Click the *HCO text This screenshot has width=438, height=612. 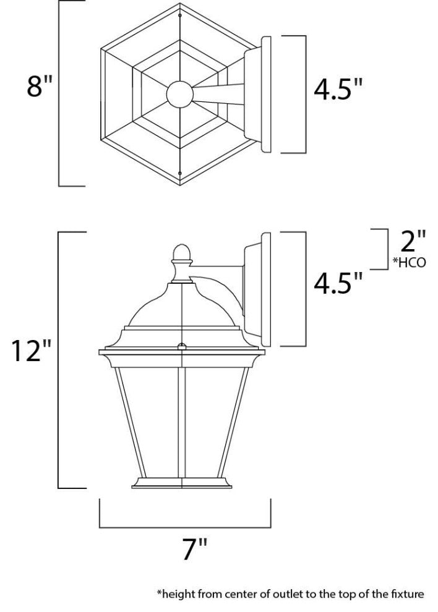pos(410,262)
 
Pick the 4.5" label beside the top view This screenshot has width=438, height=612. pos(337,90)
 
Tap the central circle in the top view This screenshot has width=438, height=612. pos(179,94)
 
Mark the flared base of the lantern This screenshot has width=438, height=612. pos(181,484)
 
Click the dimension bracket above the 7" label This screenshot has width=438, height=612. pos(185,527)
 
